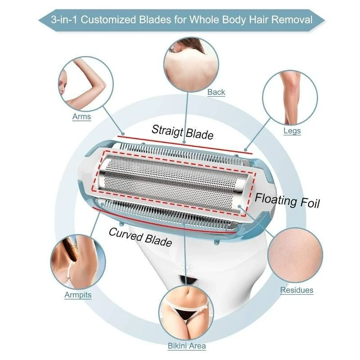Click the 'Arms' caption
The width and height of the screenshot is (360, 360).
coord(81,117)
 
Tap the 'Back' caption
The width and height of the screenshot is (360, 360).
coord(216,92)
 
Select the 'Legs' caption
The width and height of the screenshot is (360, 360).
coord(292,131)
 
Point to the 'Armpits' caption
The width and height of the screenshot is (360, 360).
coord(78,295)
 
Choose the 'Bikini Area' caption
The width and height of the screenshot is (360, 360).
coord(187,346)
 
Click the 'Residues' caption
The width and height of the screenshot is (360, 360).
coord(297,290)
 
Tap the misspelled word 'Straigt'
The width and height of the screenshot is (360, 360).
coord(167,130)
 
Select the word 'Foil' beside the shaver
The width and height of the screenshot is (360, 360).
coord(310,202)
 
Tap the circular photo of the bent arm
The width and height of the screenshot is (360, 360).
coord(85,84)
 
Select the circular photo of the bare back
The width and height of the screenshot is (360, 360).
coord(191,65)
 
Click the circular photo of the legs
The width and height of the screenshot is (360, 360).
coord(290,98)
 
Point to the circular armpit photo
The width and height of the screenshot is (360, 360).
coord(78,262)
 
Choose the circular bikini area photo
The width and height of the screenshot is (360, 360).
coord(186,313)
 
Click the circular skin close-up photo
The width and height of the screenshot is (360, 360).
coord(295,255)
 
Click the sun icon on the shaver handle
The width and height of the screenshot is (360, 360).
coord(187,267)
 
